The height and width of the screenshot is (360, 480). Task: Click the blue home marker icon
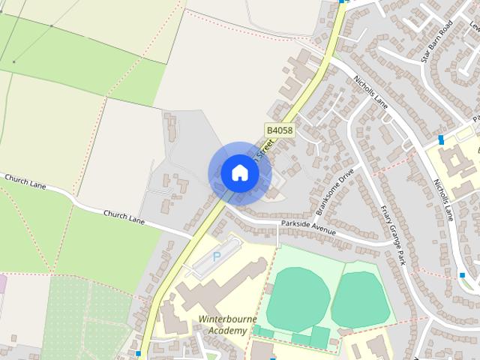click(239, 173)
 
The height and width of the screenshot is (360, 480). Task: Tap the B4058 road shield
click(279, 130)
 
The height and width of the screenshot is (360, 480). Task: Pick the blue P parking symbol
click(217, 256)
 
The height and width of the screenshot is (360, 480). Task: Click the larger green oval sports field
click(298, 298)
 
